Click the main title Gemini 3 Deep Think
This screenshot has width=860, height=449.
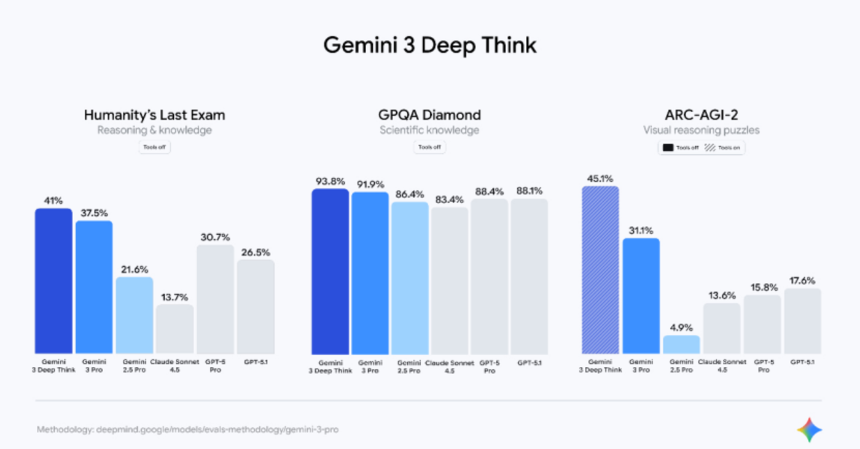coord(429,45)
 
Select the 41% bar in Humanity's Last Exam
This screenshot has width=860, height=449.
coord(54,281)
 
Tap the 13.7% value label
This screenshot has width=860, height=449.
coord(174,297)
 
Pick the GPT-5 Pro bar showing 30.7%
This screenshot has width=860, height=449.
coord(216,299)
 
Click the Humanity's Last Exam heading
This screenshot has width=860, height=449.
coord(154,115)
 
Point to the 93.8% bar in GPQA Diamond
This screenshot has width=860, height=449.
coord(330,272)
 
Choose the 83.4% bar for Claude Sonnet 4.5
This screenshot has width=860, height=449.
coord(450,281)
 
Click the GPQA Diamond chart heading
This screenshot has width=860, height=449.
coord(429,115)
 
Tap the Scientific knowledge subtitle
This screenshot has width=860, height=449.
coord(429,131)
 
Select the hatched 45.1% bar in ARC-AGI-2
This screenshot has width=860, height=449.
coord(601,270)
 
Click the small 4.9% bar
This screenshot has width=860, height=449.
coord(681,344)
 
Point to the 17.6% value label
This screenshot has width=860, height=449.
coord(802,281)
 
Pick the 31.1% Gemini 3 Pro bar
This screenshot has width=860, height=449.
coord(641,296)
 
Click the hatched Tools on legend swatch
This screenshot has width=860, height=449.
coord(710,148)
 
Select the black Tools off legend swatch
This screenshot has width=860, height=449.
coord(668,148)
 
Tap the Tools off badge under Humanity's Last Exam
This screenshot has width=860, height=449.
coord(154,147)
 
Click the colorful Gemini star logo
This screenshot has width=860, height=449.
coord(810,429)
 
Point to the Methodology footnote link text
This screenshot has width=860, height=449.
coord(188,429)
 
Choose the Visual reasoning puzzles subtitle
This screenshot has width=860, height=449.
coord(702,131)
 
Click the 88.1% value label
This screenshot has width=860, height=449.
coord(530,191)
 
